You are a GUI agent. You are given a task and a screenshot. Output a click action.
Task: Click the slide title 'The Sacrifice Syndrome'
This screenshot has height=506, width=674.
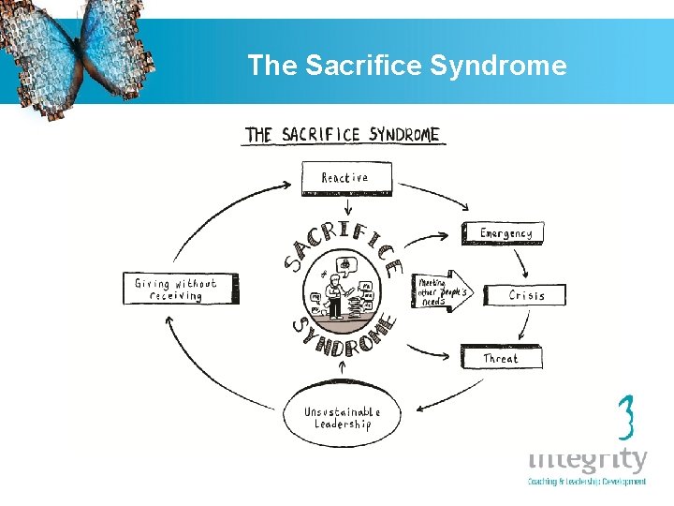tap(406, 66)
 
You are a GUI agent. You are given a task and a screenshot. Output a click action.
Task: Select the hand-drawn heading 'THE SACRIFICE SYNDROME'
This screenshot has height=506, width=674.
tap(342, 135)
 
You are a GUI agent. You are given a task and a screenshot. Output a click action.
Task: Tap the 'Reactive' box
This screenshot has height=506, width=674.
tap(345, 178)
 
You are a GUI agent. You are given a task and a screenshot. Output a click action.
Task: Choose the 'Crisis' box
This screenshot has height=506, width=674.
tap(526, 295)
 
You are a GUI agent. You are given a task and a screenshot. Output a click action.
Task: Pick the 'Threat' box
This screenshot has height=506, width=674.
tap(500, 358)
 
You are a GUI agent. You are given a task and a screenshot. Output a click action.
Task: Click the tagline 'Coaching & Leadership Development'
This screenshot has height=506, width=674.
tap(587, 482)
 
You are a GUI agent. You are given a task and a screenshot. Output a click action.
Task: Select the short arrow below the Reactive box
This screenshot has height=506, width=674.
tap(347, 207)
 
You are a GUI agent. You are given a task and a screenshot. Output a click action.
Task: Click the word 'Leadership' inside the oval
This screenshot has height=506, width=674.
tap(343, 424)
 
